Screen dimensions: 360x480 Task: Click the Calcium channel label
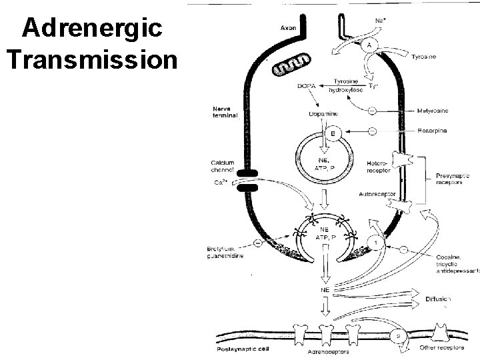pyautogui.click(x=224, y=166)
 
